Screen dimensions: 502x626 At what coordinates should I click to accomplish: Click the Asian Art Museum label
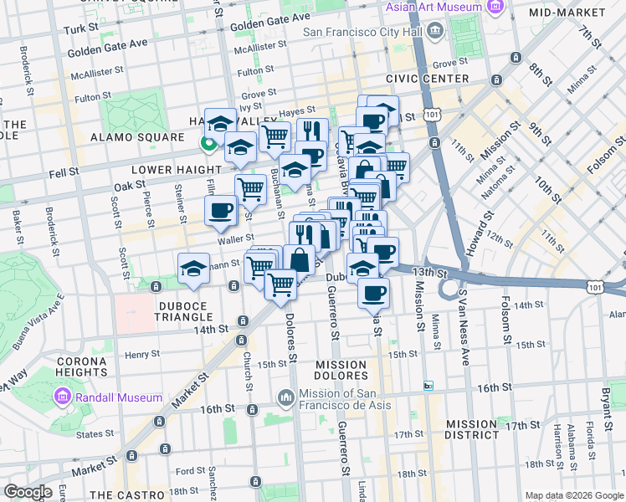[x=434, y=8]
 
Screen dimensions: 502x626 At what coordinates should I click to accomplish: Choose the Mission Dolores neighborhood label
[x=341, y=371]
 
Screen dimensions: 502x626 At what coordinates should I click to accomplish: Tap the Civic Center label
[x=427, y=79]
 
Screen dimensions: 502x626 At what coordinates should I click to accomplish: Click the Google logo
[x=27, y=492]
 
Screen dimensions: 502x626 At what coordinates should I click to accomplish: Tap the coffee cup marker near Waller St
[x=221, y=211]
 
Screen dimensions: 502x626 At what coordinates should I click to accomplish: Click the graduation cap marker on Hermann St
[x=193, y=269]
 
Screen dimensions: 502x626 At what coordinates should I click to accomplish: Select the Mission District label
[x=472, y=429]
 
